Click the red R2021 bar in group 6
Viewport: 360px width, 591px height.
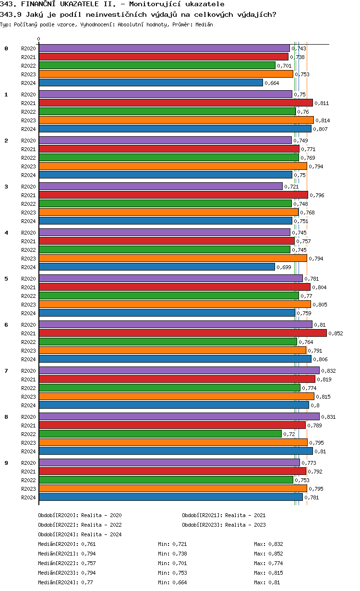[x=182, y=333]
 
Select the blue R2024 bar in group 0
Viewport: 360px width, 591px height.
[x=151, y=83]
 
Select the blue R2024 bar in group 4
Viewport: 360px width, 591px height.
[x=156, y=267]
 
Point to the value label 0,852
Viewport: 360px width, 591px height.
[x=336, y=333]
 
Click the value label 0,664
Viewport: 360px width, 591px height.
[x=272, y=83]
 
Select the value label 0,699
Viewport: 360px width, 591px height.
[x=284, y=267]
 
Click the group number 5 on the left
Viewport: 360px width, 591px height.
[x=6, y=279]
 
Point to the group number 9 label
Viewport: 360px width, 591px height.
[x=6, y=463]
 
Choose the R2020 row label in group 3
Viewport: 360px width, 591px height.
[x=28, y=187]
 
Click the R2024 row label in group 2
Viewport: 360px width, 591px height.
[x=28, y=175]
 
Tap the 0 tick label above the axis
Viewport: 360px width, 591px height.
[x=39, y=39]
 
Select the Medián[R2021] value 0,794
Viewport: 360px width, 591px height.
[x=88, y=554]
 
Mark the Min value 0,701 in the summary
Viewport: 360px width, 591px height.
[x=179, y=563]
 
